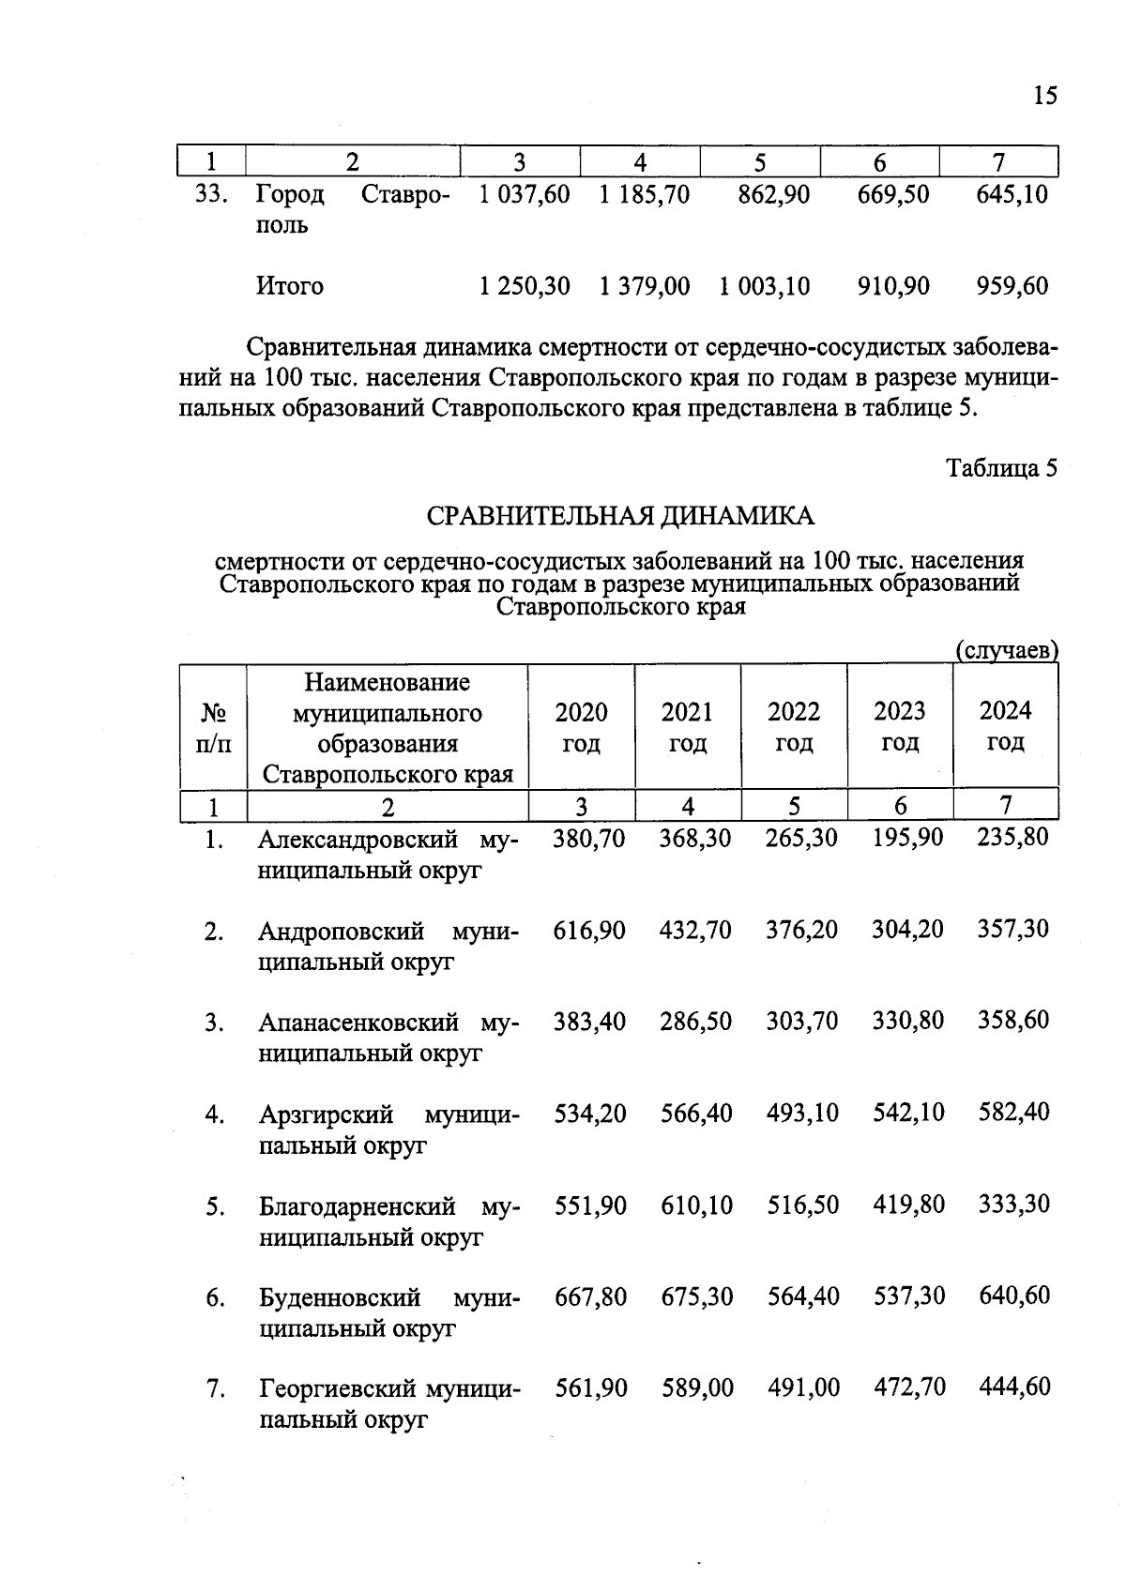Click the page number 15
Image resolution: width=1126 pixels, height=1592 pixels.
coord(1044,96)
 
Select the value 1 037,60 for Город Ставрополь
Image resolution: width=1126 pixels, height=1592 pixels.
coord(524,195)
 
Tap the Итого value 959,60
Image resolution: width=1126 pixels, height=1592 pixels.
coord(1012,286)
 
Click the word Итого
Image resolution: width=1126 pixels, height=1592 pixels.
coord(289,286)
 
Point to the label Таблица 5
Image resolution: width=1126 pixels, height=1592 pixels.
coord(1001,468)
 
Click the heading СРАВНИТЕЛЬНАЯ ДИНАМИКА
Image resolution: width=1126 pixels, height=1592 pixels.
coord(620,516)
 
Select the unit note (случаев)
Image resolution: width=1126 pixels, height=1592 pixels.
coord(1006,650)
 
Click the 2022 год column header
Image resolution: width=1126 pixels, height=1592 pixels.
coord(794,727)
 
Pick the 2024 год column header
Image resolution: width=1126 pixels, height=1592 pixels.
coord(1005,726)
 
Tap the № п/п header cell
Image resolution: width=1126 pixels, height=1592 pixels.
coord(213,727)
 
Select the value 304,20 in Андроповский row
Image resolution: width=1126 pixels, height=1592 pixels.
coord(907,930)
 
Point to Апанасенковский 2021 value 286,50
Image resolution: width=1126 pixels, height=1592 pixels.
coord(694,1021)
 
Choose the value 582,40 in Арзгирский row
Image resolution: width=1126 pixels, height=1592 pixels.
coord(1013,1113)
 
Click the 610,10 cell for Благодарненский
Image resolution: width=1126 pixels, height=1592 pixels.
coord(695,1205)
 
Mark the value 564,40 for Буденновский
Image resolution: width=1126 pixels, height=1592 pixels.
coord(802,1296)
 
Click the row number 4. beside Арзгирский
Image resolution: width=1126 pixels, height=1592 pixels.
coord(215,1115)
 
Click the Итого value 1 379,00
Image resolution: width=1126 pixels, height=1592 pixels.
coord(645,286)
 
